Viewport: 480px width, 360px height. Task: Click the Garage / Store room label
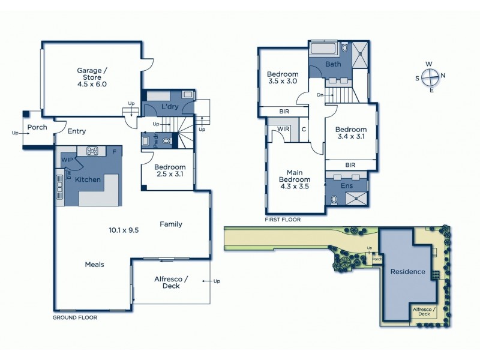click(x=92, y=77)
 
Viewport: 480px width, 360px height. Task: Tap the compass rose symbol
click(x=430, y=77)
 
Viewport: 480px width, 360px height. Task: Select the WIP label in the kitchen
click(x=67, y=160)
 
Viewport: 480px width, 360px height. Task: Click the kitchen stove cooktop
click(x=93, y=151)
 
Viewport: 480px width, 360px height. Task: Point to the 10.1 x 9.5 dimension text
click(x=124, y=229)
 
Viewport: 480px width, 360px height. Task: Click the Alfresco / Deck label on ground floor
click(x=171, y=282)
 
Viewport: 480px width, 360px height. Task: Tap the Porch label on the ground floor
click(x=37, y=127)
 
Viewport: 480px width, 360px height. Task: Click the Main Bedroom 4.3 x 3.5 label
click(x=294, y=179)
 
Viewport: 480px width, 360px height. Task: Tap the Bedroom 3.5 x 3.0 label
click(x=282, y=77)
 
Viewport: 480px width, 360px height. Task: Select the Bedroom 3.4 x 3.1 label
click(x=351, y=133)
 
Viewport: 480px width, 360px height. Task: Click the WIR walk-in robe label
click(x=282, y=128)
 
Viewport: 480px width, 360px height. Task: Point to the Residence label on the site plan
click(x=408, y=271)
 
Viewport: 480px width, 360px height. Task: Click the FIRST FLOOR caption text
click(x=283, y=220)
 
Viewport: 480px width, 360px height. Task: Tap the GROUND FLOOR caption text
click(x=75, y=317)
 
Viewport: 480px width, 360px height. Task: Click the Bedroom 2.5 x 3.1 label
click(x=170, y=170)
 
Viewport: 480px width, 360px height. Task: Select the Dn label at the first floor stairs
click(x=321, y=95)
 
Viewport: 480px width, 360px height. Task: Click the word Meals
click(x=95, y=264)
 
